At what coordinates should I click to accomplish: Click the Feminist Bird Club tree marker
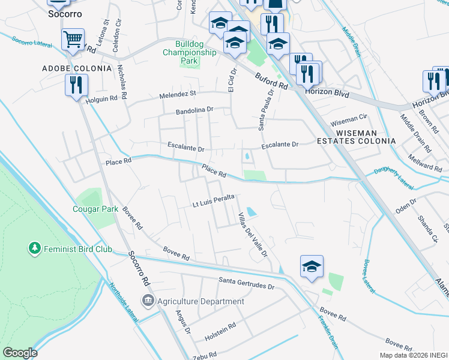34,247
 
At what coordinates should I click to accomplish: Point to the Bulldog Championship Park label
189,52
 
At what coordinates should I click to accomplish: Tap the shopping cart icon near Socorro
73,40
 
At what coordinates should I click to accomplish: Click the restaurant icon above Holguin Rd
76,85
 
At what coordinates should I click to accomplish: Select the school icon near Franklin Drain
312,267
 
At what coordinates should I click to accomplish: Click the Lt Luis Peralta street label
212,204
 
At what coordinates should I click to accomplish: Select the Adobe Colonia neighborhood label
77,68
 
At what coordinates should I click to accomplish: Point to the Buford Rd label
271,80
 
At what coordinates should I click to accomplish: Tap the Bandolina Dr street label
194,110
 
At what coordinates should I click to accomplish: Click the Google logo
20,353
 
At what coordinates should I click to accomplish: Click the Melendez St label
178,94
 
